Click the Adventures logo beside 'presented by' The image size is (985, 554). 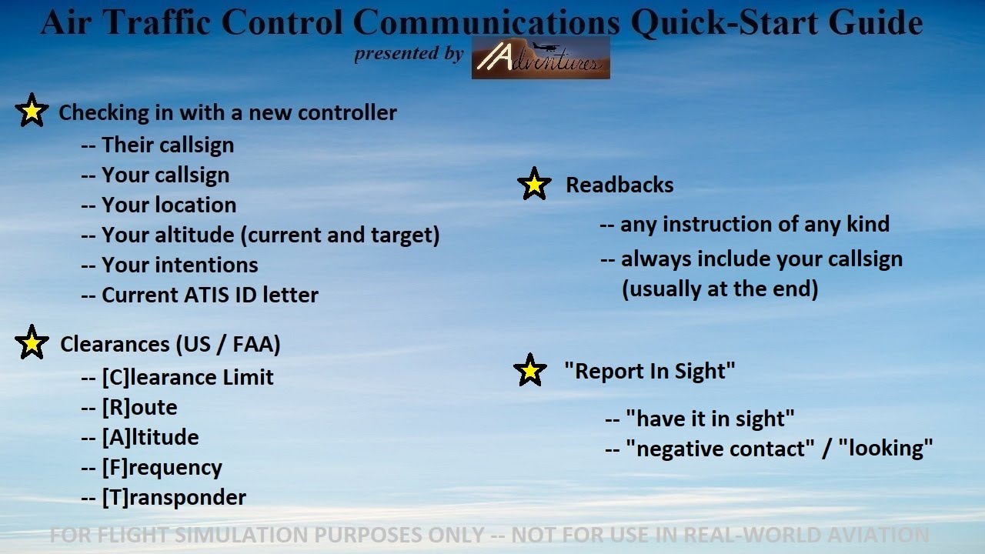pyautogui.click(x=540, y=58)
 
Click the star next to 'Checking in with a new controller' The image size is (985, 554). pyautogui.click(x=32, y=112)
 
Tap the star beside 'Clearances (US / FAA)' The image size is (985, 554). pyautogui.click(x=32, y=343)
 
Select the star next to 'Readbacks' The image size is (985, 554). pyautogui.click(x=534, y=185)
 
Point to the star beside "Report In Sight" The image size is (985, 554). pyautogui.click(x=530, y=371)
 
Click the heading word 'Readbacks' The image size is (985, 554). pyautogui.click(x=619, y=185)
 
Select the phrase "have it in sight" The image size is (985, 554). pyautogui.click(x=710, y=419)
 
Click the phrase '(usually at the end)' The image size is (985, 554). pyautogui.click(x=720, y=289)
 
